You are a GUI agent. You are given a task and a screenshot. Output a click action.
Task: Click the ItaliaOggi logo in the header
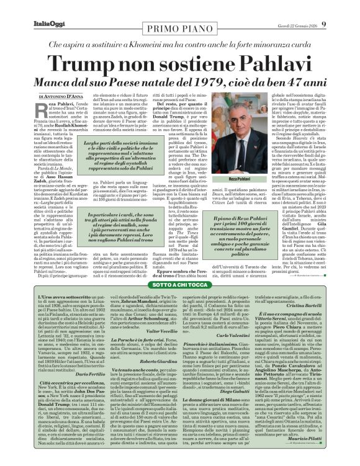pyautogui.click(x=30, y=8)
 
